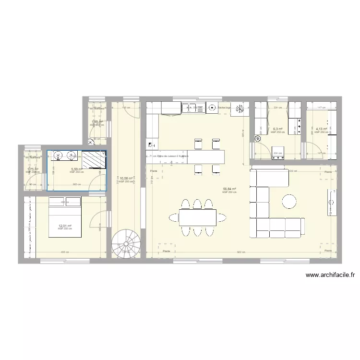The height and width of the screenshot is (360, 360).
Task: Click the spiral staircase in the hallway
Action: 124,243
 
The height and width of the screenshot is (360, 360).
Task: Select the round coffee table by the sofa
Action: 289,201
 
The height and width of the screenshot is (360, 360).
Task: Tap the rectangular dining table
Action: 197,217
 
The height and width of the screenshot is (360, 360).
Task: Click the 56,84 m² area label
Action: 229,189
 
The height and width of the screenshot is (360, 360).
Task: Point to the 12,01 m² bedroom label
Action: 65,226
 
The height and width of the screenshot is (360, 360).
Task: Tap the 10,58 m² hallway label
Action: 126,179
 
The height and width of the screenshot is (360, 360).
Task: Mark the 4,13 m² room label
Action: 321,129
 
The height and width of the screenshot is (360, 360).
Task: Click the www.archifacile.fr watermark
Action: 330,276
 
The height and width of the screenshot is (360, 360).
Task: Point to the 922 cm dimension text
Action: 241,252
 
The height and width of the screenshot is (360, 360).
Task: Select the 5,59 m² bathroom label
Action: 76,169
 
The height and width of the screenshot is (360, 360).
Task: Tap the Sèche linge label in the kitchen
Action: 224,108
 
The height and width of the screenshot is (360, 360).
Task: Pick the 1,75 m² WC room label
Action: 32,169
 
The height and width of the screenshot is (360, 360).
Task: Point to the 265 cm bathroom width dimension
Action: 76,184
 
